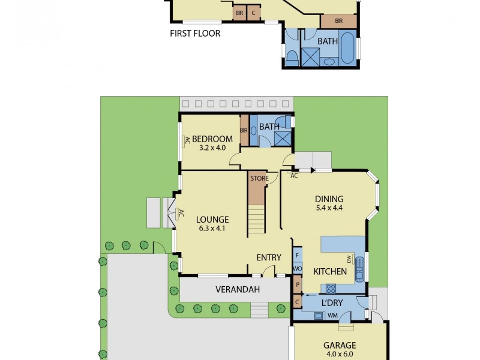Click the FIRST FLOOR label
coord(195,34)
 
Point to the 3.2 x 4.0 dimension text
coord(212,148)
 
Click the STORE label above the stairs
coord(259,179)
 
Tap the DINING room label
coord(329,199)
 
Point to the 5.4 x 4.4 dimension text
coord(329,209)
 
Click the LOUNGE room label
coord(213,220)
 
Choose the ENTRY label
coord(269,257)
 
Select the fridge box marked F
coord(297,255)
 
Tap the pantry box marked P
coord(297,284)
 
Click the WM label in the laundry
coord(331,316)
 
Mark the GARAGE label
coord(340,345)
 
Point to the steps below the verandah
coord(259,310)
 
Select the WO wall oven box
coord(297,269)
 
